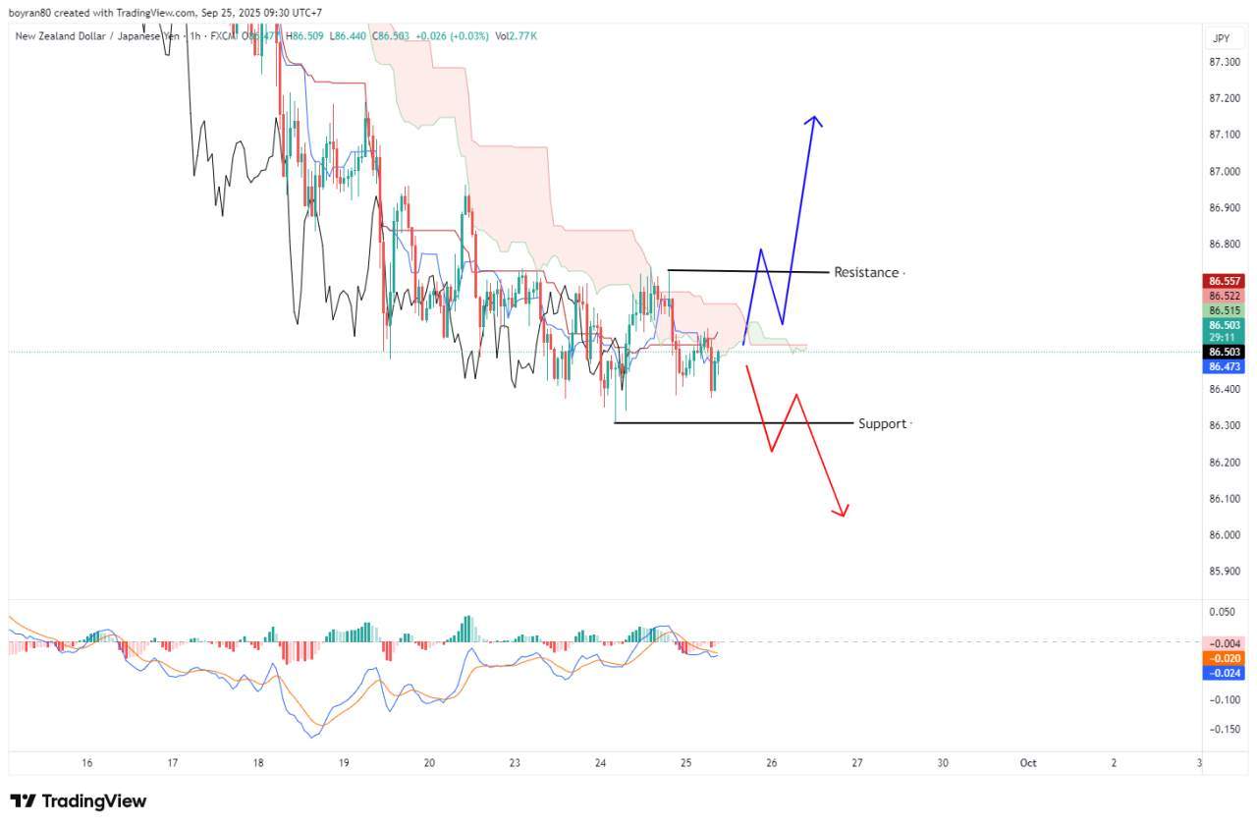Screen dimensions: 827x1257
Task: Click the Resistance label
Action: [866, 272]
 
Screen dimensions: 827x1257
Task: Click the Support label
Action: [882, 423]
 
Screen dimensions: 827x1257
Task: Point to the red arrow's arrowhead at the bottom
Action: [842, 512]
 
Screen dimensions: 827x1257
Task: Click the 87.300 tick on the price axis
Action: [1224, 62]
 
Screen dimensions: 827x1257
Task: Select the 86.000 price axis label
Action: [1224, 534]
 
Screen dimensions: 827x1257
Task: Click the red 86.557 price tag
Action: [1225, 280]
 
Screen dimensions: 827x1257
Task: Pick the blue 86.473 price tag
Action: [1225, 366]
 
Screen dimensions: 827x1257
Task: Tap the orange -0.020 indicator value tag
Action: [1225, 658]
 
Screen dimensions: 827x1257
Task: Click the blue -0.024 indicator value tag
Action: [1225, 673]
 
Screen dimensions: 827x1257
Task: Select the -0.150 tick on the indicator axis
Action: [1226, 729]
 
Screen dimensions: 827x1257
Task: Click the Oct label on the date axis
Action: [1028, 762]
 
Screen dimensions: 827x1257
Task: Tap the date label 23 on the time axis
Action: [515, 762]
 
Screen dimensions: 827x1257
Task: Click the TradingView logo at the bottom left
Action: [79, 801]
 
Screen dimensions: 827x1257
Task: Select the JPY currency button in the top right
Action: [1221, 38]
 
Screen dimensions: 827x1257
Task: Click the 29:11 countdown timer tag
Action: [1225, 337]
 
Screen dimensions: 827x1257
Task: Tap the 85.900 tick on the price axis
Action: [1224, 571]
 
